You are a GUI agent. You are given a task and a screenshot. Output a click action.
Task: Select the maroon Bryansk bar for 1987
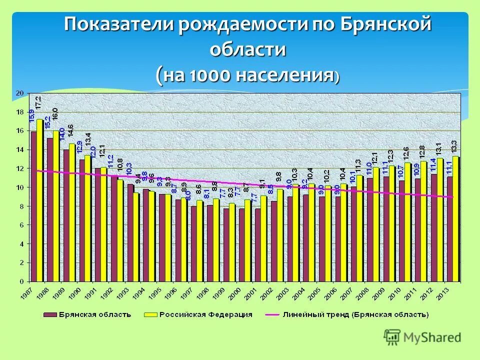pos(33,206)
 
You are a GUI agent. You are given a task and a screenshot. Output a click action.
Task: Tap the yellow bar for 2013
pos(455,218)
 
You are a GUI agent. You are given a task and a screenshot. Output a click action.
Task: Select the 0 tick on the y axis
pos(20,281)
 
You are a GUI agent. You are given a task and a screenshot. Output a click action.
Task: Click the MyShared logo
pos(422,337)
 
